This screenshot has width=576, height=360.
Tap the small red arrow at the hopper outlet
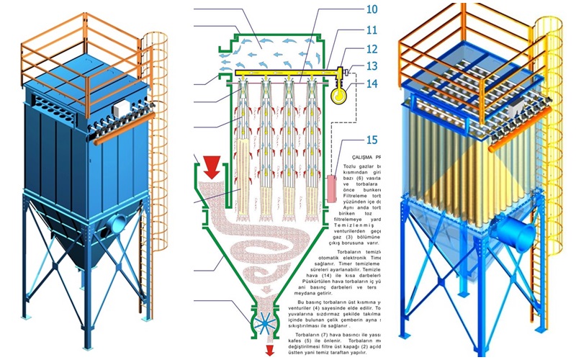[271, 351]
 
